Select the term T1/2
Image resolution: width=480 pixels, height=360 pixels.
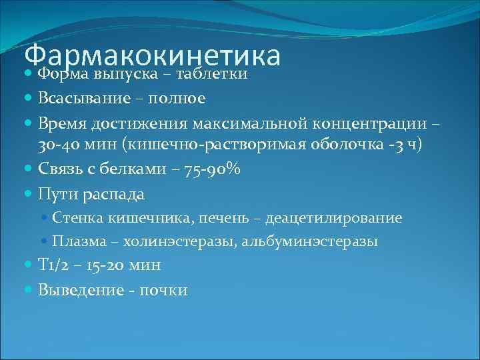pos(53,265)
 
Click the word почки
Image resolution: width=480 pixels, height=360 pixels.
pos(163,290)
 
